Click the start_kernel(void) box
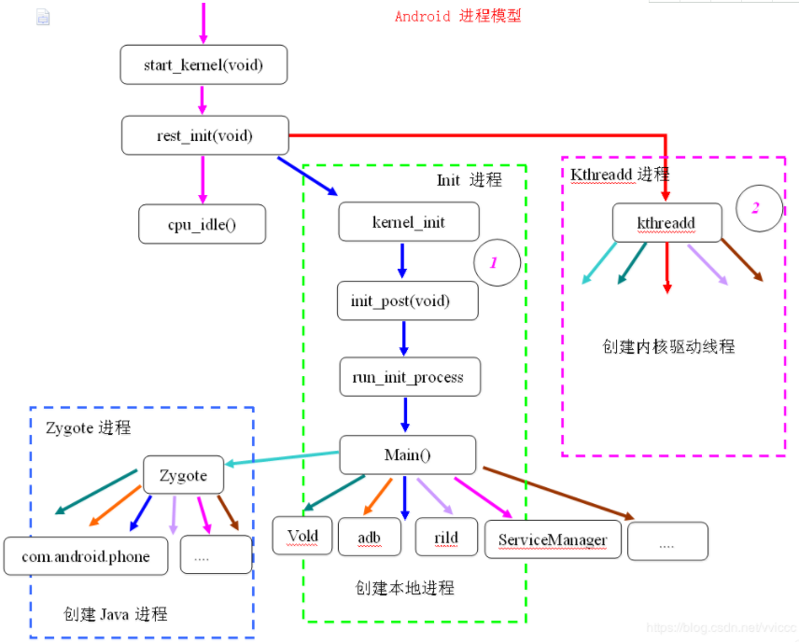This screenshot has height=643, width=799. [x=203, y=65]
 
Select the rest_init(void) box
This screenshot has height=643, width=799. [x=204, y=136]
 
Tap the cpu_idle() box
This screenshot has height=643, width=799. [x=203, y=224]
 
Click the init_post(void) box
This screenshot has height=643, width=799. [x=408, y=301]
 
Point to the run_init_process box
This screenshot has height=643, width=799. [x=409, y=377]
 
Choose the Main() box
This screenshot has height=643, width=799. [x=408, y=455]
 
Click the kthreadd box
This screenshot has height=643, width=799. [x=666, y=223]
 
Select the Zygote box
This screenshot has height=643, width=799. [x=183, y=475]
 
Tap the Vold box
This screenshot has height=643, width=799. [x=302, y=537]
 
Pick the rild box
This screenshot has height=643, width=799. [x=446, y=538]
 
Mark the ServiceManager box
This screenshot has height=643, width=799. [x=553, y=539]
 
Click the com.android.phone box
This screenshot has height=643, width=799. [x=85, y=556]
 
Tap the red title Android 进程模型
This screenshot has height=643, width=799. [x=458, y=16]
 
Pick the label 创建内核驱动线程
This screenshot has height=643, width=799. [x=669, y=346]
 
